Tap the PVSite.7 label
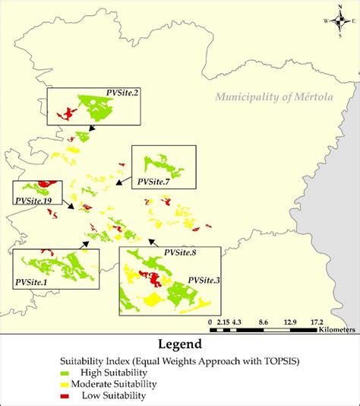tap(153, 182)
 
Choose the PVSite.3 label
tap(203, 281)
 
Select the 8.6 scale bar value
tap(264, 322)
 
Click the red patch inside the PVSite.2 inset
tap(68, 113)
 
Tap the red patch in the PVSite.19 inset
tap(47, 184)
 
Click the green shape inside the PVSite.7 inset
tap(162, 163)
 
